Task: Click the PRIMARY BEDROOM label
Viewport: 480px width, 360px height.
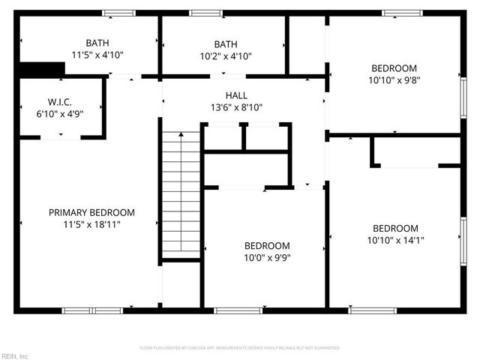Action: click(91, 212)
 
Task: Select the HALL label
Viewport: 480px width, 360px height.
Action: click(236, 96)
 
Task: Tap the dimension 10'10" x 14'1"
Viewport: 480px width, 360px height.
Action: click(395, 240)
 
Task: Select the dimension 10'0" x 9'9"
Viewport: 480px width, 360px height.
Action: click(267, 257)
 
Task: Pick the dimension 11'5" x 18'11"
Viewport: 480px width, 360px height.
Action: click(91, 223)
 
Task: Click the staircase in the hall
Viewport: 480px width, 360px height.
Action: click(181, 195)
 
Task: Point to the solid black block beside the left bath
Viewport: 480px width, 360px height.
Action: click(41, 68)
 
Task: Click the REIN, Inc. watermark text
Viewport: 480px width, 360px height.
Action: click(14, 355)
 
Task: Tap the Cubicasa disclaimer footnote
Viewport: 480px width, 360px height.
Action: click(240, 348)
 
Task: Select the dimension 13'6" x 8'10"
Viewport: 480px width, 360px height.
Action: click(236, 107)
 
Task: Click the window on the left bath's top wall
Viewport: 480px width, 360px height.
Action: click(118, 13)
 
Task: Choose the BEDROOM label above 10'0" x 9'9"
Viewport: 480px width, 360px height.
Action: click(267, 246)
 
